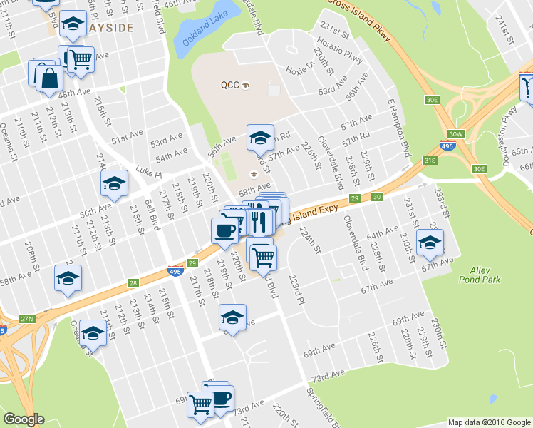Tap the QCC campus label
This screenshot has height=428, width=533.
[229, 85]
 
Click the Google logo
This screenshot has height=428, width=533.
[24, 419]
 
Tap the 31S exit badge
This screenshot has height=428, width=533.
[429, 161]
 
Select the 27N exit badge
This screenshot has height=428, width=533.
[27, 318]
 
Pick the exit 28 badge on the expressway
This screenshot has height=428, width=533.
[134, 284]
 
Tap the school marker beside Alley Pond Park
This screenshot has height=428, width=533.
[430, 243]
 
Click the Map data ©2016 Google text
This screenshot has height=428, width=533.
[489, 422]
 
